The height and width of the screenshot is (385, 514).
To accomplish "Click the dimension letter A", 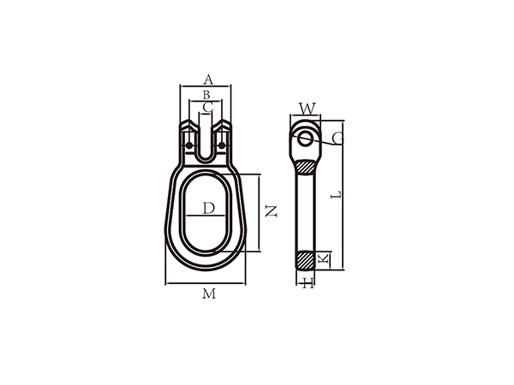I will click(x=206, y=80).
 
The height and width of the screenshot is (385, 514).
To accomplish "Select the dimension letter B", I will click(x=206, y=94).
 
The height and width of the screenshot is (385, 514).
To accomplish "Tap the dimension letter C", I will click(x=206, y=107).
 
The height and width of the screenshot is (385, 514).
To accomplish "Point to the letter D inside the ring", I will click(x=208, y=208).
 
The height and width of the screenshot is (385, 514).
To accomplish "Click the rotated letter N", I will click(x=271, y=211).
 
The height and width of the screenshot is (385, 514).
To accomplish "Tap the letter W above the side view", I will click(x=307, y=109).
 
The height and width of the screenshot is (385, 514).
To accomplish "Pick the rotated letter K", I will click(x=323, y=258).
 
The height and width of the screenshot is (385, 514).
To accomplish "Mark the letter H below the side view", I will click(x=308, y=283).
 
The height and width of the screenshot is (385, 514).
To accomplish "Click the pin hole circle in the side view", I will click(x=305, y=138).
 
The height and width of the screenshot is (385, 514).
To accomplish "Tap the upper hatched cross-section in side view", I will click(x=306, y=167).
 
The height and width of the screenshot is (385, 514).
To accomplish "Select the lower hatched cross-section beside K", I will click(x=306, y=258).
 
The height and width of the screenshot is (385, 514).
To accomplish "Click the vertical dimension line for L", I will click(x=344, y=195).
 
